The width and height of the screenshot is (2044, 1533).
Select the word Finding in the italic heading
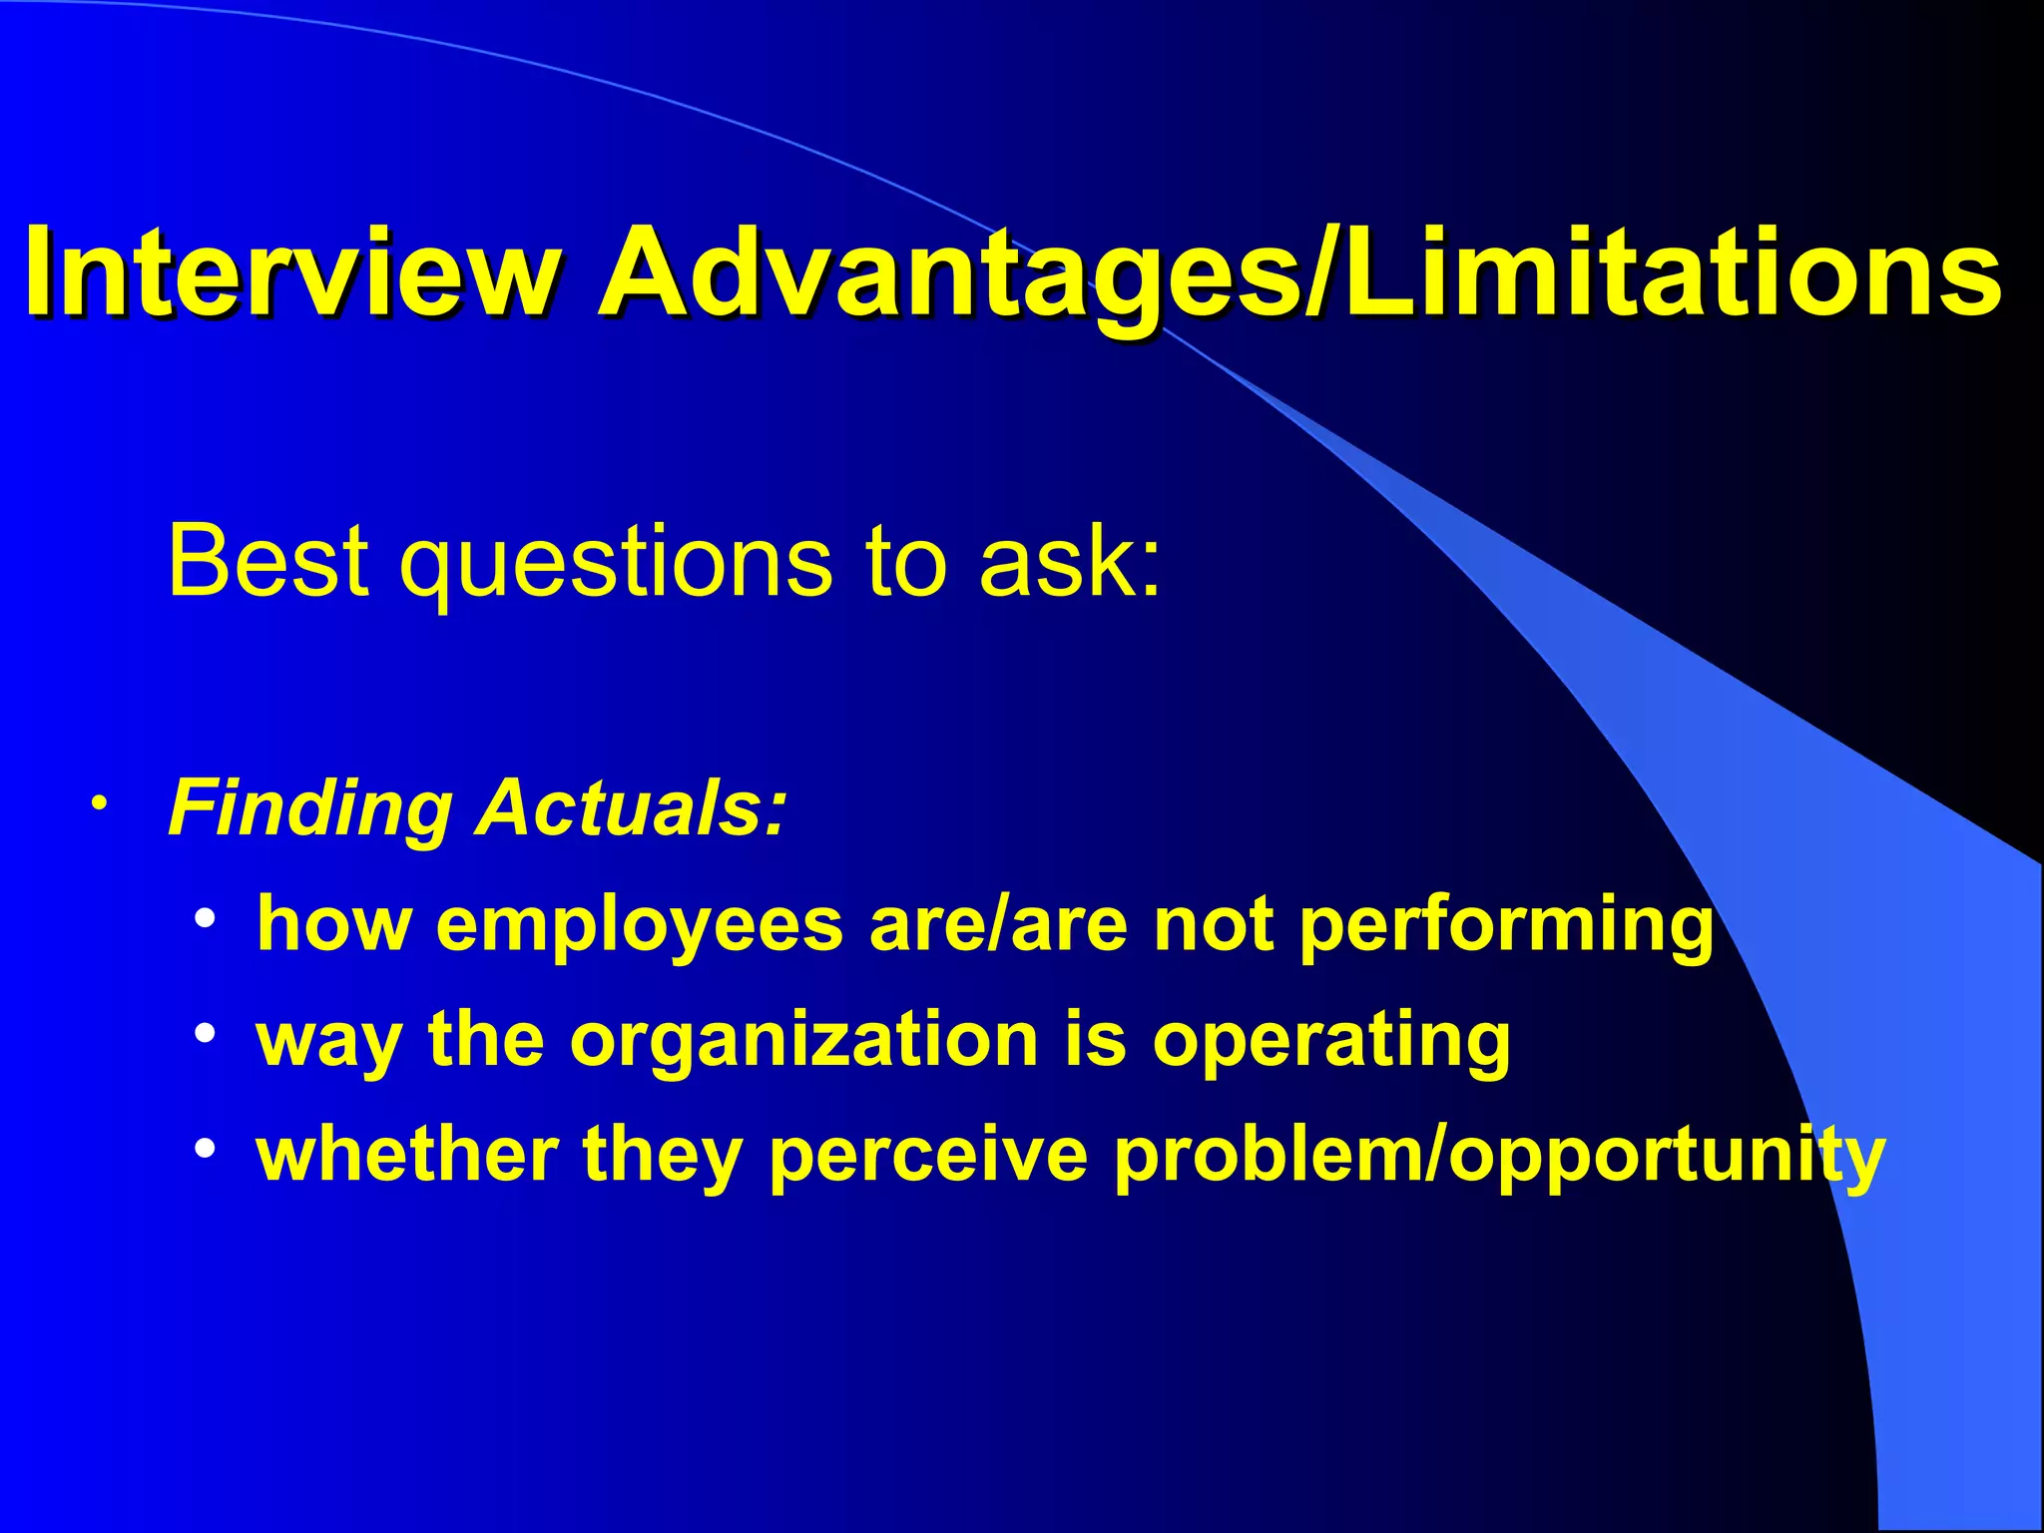[310, 808]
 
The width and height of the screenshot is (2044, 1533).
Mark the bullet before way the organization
[206, 1033]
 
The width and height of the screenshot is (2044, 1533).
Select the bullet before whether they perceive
[206, 1149]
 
